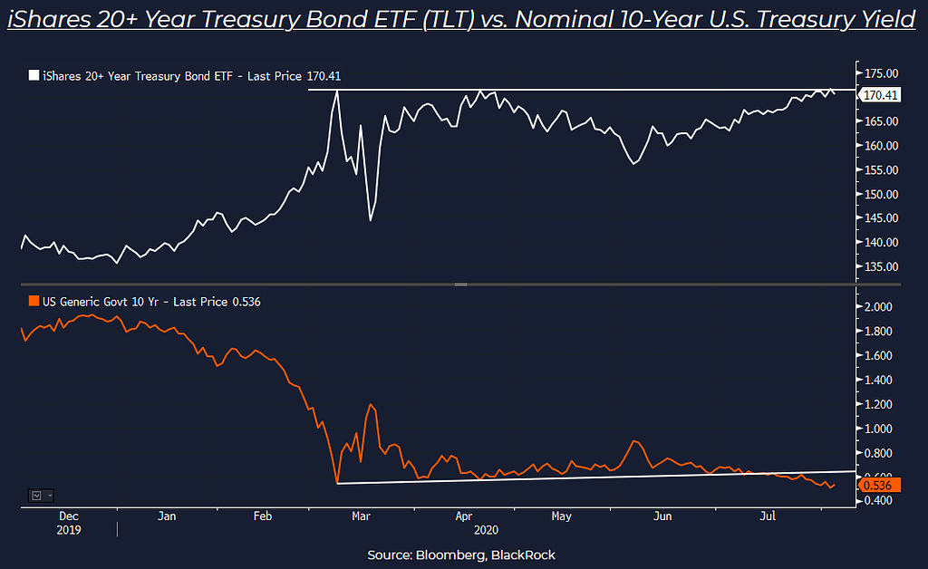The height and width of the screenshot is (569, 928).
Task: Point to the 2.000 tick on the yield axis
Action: point(879,307)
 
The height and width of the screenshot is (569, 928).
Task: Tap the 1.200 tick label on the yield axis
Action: point(879,404)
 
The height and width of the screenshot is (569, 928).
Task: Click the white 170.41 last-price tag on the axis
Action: point(881,95)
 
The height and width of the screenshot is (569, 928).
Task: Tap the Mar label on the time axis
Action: point(361,516)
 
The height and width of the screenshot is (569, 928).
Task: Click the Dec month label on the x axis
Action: point(68,516)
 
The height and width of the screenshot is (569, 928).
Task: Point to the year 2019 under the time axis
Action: point(68,529)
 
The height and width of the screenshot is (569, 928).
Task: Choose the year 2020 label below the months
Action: point(488,529)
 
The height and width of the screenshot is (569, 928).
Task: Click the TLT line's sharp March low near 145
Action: point(371,219)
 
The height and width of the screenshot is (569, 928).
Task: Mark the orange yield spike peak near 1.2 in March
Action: point(370,404)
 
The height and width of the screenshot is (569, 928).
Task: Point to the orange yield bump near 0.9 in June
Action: point(634,441)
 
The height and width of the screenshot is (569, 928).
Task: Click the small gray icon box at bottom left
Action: point(40,496)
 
